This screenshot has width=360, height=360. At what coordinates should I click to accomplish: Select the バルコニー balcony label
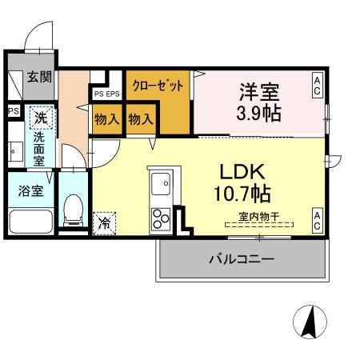click(x=242, y=259)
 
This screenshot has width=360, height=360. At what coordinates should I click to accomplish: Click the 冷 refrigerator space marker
click(x=105, y=223)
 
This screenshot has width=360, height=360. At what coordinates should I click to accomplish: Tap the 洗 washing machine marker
click(x=40, y=117)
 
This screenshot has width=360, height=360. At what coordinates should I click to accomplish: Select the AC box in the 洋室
click(x=318, y=86)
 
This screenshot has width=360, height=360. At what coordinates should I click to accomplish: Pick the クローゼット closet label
click(x=158, y=85)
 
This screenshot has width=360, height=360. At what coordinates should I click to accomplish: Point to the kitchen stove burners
click(x=161, y=216)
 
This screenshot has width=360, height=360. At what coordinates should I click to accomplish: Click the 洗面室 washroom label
click(x=38, y=148)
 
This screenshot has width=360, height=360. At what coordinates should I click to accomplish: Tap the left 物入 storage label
click(x=107, y=120)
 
